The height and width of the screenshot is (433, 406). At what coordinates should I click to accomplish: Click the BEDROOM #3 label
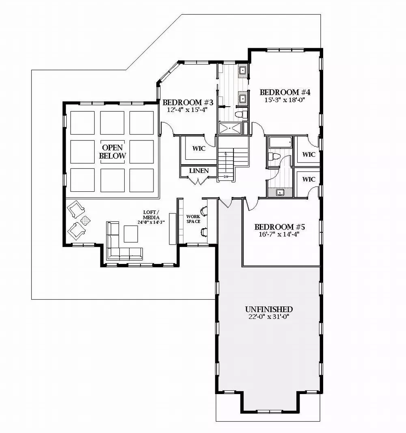(188, 102)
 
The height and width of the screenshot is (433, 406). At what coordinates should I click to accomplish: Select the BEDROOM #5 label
(279, 227)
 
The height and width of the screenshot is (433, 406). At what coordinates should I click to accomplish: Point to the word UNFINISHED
(269, 309)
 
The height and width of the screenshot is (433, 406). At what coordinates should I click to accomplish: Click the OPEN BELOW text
(112, 152)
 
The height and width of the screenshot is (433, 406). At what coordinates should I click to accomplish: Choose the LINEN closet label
(199, 171)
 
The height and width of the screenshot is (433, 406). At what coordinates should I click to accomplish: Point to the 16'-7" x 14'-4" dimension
(279, 234)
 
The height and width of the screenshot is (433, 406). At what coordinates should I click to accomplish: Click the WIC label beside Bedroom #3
(199, 149)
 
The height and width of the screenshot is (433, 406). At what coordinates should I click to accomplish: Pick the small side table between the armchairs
(86, 221)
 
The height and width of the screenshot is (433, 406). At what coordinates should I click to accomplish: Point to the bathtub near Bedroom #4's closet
(280, 143)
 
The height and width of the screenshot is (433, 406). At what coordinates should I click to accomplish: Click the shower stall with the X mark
(230, 129)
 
